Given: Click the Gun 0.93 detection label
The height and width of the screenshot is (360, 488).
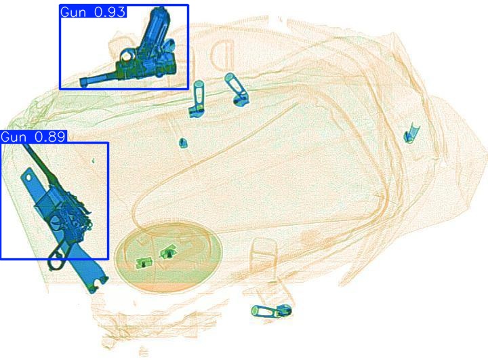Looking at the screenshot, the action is pyautogui.click(x=93, y=12).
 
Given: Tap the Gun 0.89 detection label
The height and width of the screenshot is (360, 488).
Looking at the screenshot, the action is pyautogui.click(x=33, y=136).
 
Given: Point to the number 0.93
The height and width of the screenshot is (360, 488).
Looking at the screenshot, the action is pyautogui.click(x=110, y=12).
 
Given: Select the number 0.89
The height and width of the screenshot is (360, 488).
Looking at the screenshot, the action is pyautogui.click(x=50, y=136).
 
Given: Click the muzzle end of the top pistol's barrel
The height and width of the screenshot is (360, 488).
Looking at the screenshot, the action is pyautogui.click(x=83, y=82).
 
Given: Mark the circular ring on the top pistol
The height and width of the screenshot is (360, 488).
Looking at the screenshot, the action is pyautogui.click(x=126, y=56).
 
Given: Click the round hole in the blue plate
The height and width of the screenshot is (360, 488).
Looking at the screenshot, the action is pyautogui.click(x=28, y=178).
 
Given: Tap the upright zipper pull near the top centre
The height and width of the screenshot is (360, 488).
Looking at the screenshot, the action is pyautogui.click(x=197, y=99).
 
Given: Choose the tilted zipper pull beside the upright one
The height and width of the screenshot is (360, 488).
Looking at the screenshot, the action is pyautogui.click(x=237, y=89).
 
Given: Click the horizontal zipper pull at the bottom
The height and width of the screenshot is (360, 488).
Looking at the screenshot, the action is pyautogui.click(x=272, y=311).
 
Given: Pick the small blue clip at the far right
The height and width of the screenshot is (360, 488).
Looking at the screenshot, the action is pyautogui.click(x=411, y=134).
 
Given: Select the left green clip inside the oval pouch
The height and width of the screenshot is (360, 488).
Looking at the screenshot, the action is pyautogui.click(x=144, y=263).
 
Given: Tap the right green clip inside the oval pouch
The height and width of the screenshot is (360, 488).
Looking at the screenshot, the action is pyautogui.click(x=168, y=252).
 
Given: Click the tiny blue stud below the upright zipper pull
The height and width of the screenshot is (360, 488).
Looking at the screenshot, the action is pyautogui.click(x=183, y=142).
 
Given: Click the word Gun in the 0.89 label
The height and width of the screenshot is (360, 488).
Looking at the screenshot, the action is pyautogui.click(x=14, y=137).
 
